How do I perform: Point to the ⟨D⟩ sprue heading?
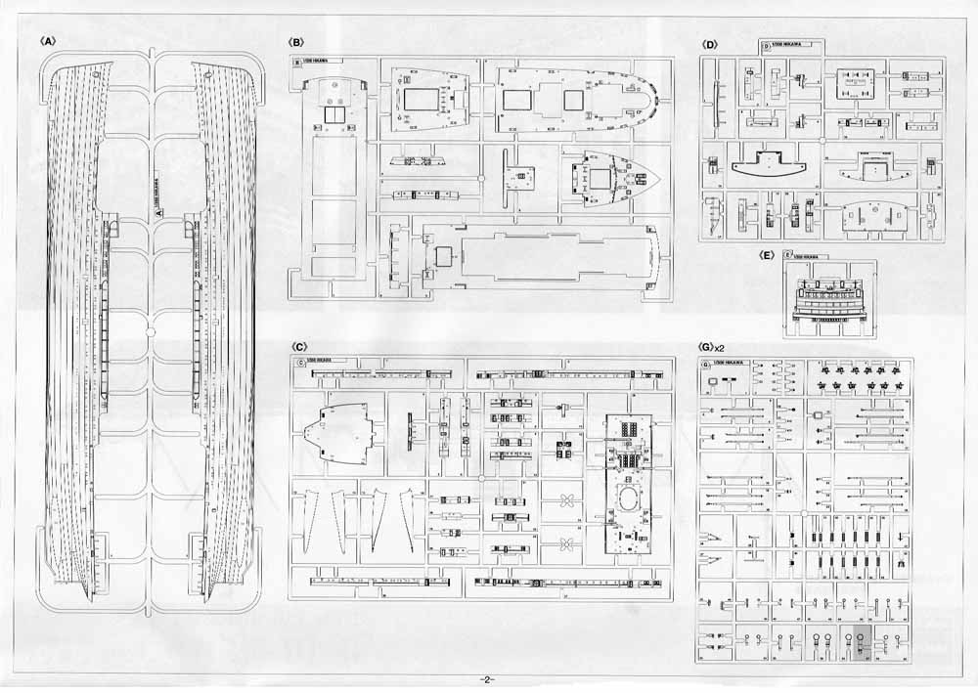coord(710,44)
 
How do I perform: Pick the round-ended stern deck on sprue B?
coord(577,101)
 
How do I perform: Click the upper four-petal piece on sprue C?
coord(565,500)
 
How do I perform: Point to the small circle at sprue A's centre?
coord(151,330)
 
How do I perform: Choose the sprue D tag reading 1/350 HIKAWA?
coord(790,46)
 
